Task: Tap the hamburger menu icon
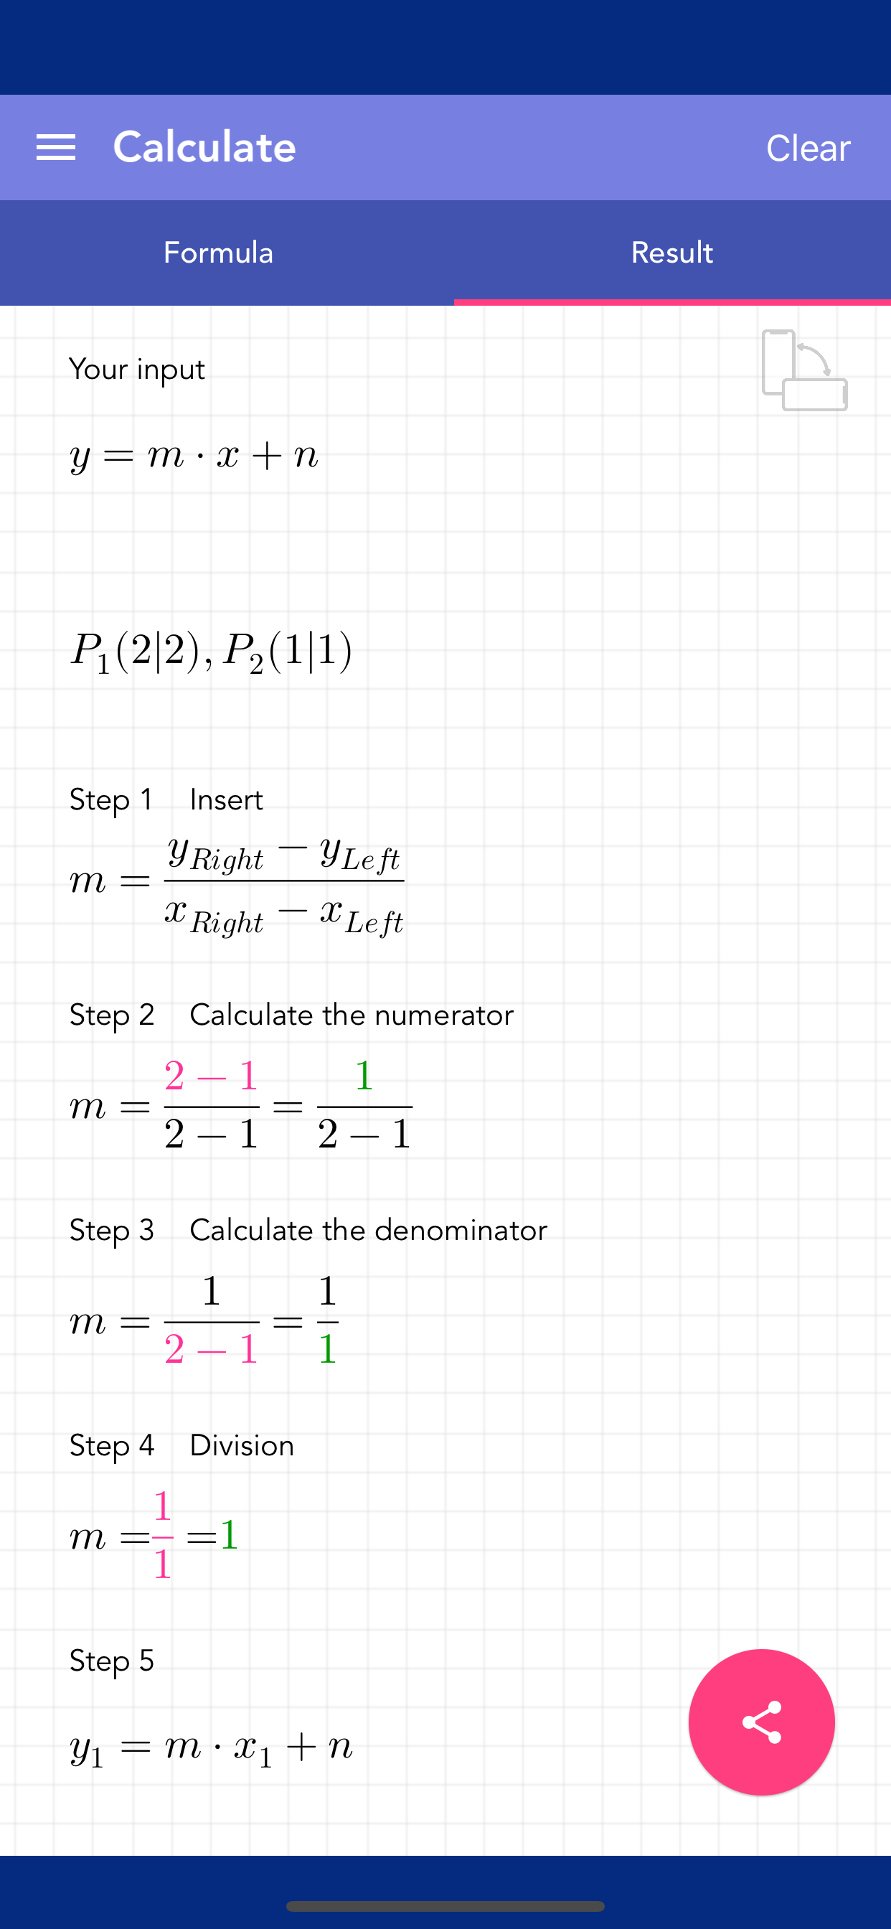pyautogui.click(x=56, y=148)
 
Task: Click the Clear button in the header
pyautogui.click(x=808, y=148)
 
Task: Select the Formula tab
pyautogui.click(x=218, y=253)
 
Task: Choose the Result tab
pyautogui.click(x=671, y=253)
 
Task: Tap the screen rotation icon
pyautogui.click(x=804, y=370)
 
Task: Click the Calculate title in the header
pyautogui.click(x=204, y=147)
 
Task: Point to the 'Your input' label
pyautogui.click(x=137, y=369)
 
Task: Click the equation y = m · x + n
pyautogui.click(x=194, y=455)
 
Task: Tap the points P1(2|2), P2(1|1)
pyautogui.click(x=211, y=651)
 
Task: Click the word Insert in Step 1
pyautogui.click(x=226, y=799)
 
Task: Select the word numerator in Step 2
pyautogui.click(x=444, y=1015)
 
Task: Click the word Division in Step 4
pyautogui.click(x=242, y=1445)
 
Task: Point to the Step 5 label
pyautogui.click(x=112, y=1661)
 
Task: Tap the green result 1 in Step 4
pyautogui.click(x=229, y=1535)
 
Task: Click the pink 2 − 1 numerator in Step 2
pyautogui.click(x=211, y=1076)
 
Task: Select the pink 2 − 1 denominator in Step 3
pyautogui.click(x=211, y=1349)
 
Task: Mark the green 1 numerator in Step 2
pyautogui.click(x=364, y=1075)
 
